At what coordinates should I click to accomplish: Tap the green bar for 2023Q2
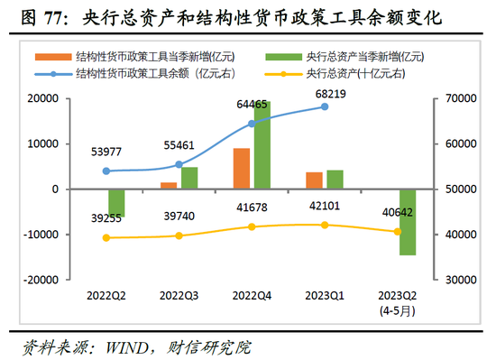(x=407, y=222)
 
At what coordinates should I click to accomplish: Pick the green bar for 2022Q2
(x=116, y=203)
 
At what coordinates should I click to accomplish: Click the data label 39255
(x=107, y=218)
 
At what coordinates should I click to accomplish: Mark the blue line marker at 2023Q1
(x=325, y=106)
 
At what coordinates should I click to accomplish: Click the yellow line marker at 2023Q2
(x=397, y=232)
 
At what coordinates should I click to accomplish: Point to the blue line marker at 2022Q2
(x=107, y=171)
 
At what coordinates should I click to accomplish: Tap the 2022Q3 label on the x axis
(x=179, y=295)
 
